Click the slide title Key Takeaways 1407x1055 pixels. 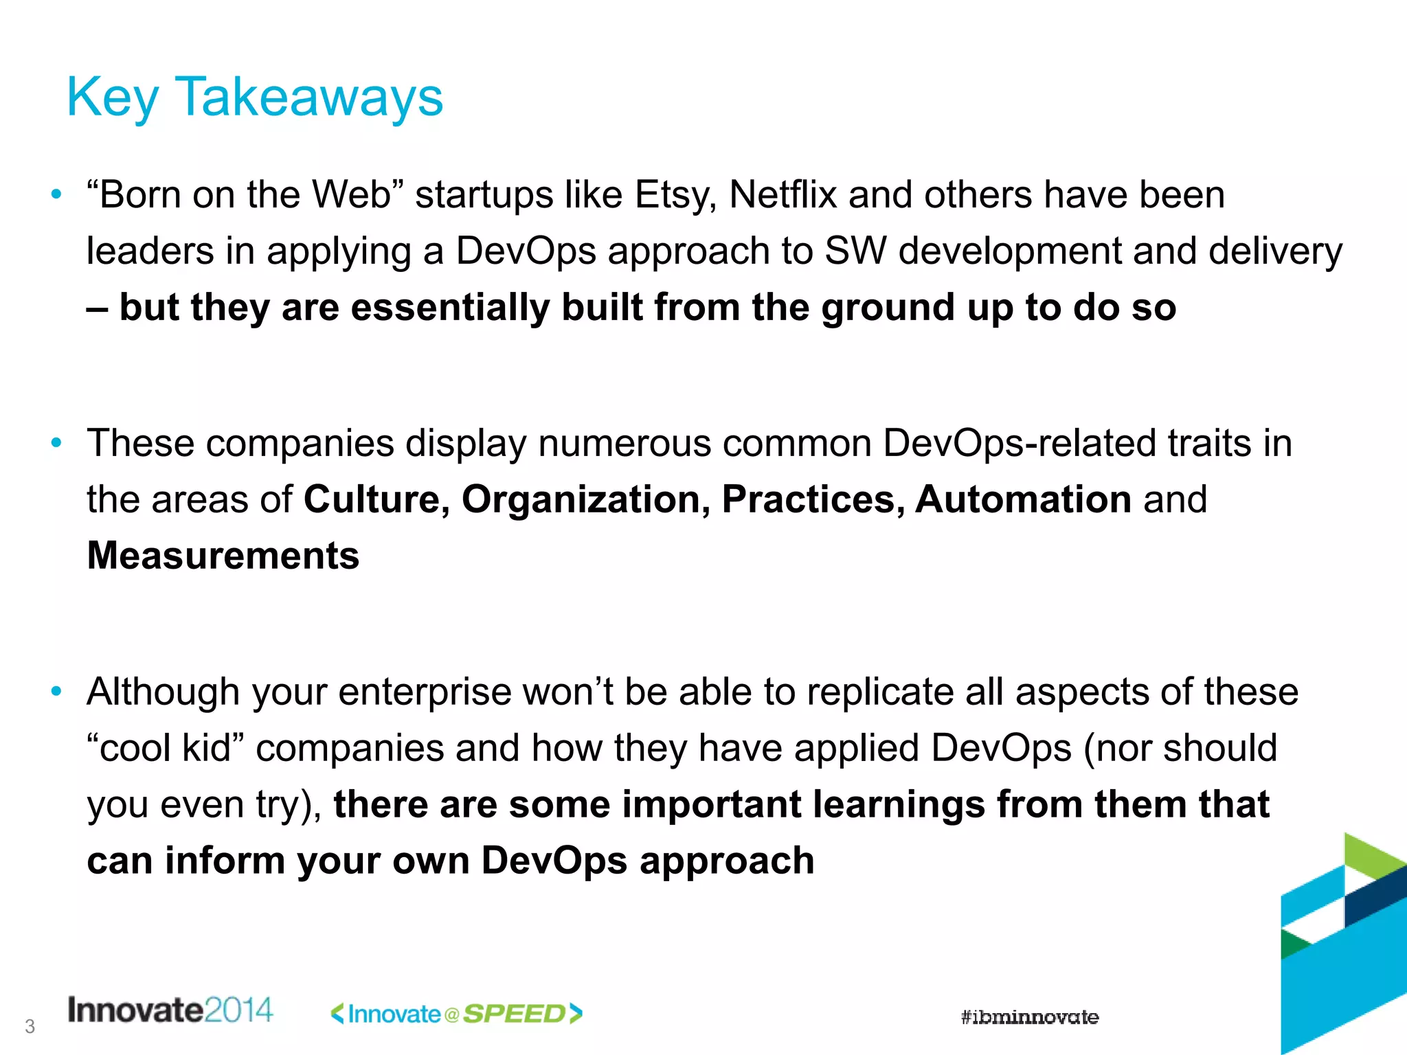coord(255,98)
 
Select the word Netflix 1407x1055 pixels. coord(783,195)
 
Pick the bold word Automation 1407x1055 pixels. coord(1023,499)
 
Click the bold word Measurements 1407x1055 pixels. coord(223,556)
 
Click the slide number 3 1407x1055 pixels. coord(30,1027)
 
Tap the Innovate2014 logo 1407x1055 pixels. coord(170,1010)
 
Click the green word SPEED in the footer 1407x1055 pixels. coord(515,1014)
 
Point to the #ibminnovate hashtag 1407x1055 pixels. coord(1029,1017)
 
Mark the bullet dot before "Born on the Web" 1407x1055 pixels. coord(57,194)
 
